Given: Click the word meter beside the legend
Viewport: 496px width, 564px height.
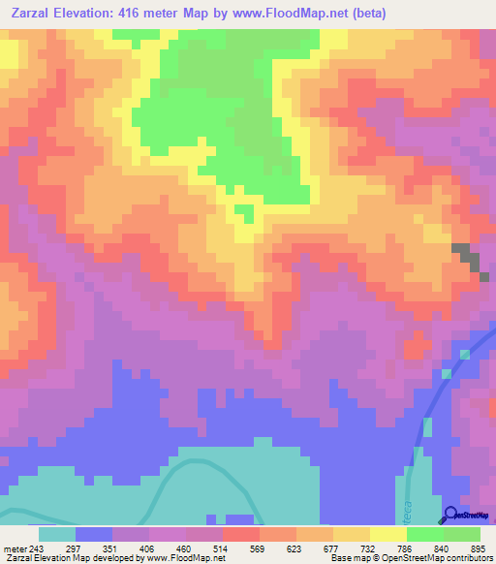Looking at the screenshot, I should [x=14, y=549].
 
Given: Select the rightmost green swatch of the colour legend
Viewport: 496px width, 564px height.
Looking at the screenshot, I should [x=461, y=534].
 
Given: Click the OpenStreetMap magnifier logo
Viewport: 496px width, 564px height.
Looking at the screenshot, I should [x=451, y=515].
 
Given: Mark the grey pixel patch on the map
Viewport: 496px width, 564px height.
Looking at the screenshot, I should [x=467, y=259].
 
